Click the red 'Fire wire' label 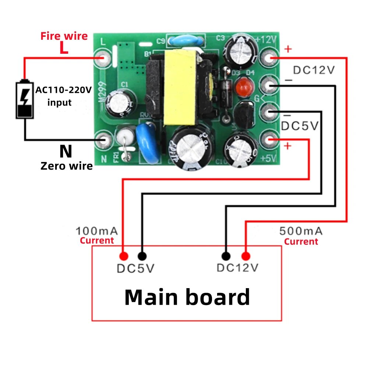point(64,36)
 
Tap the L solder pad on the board point(103,57)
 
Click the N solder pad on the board point(104,140)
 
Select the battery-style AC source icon point(25,99)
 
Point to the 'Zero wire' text point(66,166)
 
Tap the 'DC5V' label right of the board point(299,126)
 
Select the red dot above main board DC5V point(123,256)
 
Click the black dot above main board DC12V point(226,256)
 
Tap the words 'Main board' point(187,297)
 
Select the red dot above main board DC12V point(245,256)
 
